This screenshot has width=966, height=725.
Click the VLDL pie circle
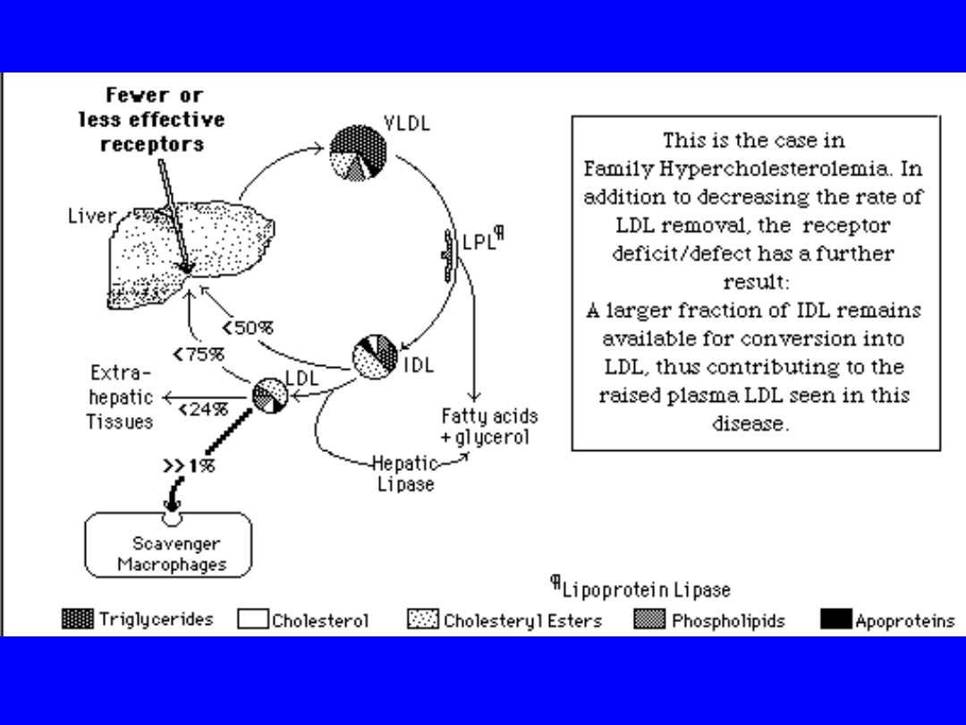point(358,153)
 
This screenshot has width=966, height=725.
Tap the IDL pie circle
point(375,356)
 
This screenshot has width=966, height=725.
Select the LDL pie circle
point(269,395)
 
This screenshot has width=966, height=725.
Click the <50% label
point(248,328)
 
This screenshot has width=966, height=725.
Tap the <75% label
point(199,354)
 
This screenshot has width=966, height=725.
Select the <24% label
point(203,410)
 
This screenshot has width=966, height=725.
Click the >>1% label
point(189,465)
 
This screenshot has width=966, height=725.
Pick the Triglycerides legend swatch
point(77,618)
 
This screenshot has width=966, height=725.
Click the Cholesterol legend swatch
point(253,619)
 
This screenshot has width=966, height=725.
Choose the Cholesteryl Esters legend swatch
point(423,619)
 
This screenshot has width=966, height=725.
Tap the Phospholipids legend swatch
point(649,619)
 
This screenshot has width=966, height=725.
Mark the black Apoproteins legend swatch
point(836,619)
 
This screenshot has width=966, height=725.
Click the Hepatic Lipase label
point(403,473)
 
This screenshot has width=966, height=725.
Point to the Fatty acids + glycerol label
point(489,427)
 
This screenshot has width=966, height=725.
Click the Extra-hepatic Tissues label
point(121,397)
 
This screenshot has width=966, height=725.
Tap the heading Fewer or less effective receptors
point(153,119)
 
